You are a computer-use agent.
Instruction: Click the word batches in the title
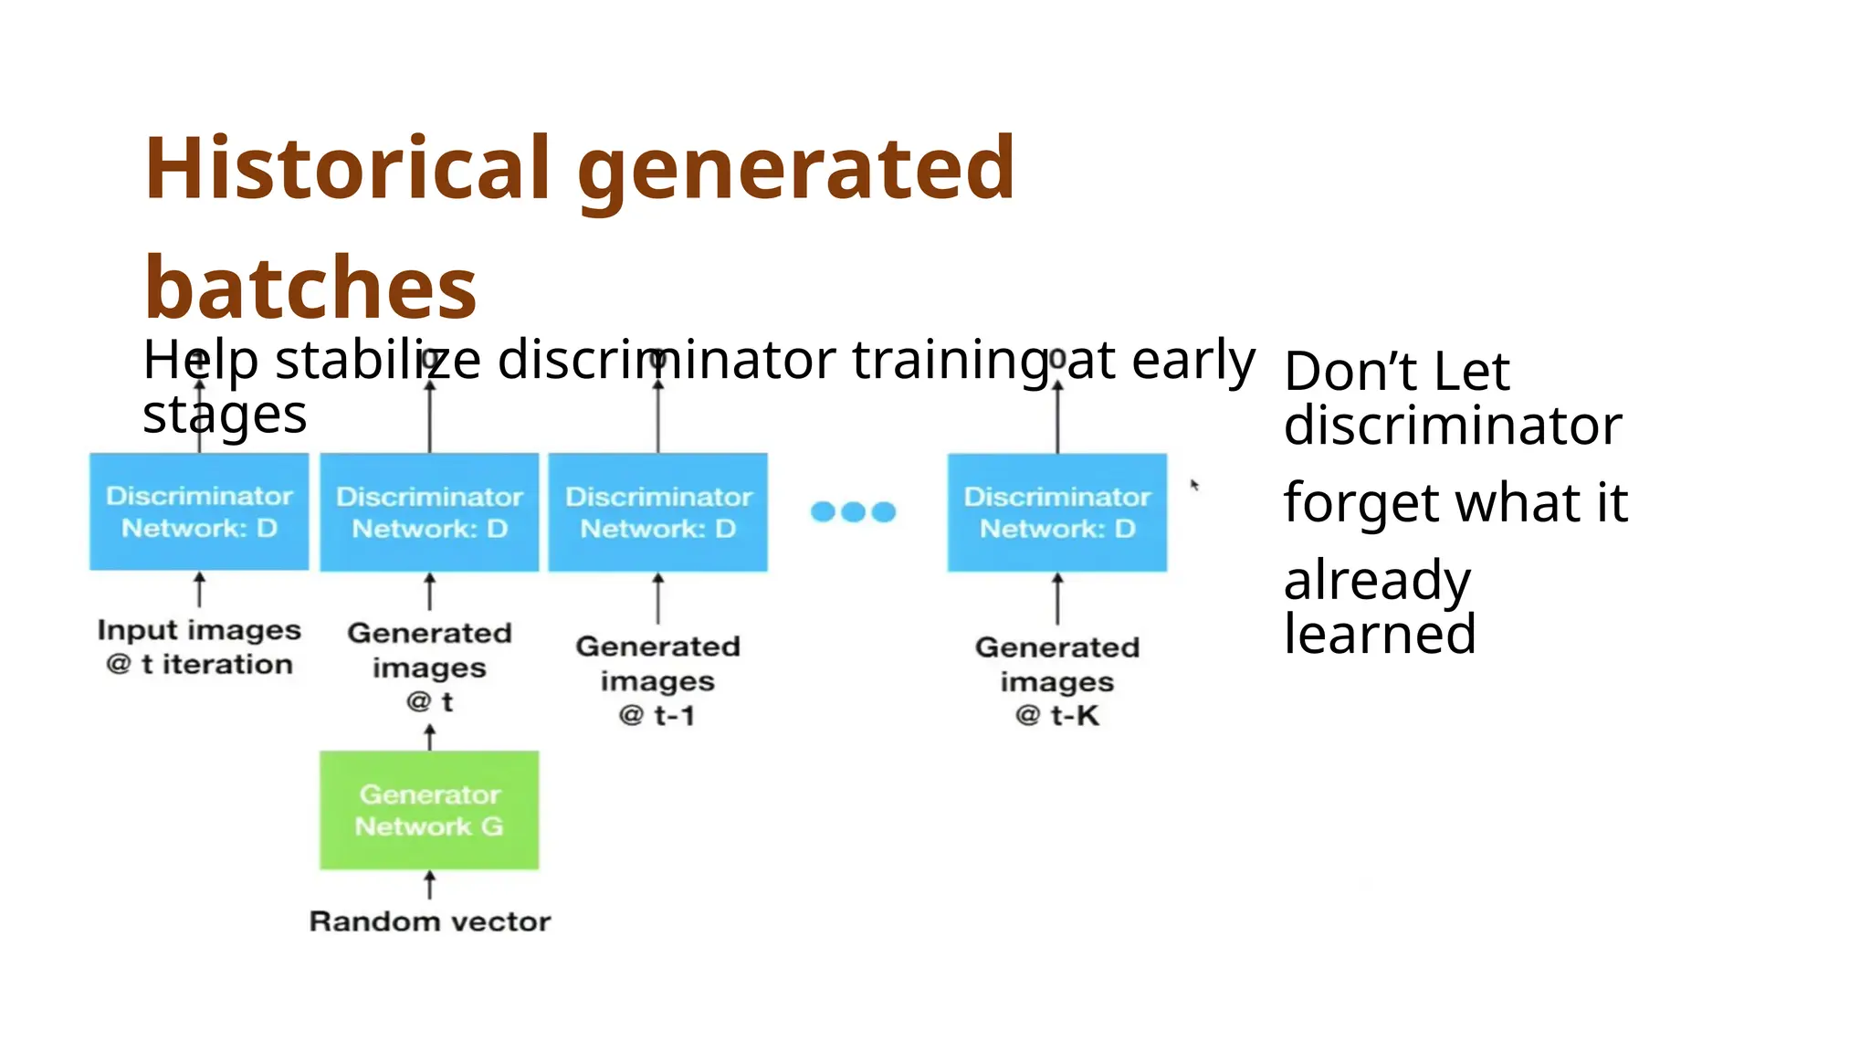(x=310, y=288)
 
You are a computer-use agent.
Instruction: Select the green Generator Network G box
(x=429, y=810)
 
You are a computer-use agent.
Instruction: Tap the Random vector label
(x=429, y=921)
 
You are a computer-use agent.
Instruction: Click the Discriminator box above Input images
(x=199, y=511)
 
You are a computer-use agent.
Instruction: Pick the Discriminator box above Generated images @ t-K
(x=1056, y=512)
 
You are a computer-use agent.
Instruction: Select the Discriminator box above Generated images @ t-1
(x=657, y=512)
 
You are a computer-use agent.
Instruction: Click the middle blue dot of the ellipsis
(x=853, y=511)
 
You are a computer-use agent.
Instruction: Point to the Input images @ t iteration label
(x=199, y=647)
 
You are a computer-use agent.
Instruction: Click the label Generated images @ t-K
(x=1056, y=681)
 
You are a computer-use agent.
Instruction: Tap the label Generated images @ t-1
(x=657, y=680)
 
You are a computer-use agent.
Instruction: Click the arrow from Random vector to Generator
(x=430, y=885)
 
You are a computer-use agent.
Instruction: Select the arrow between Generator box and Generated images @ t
(x=430, y=736)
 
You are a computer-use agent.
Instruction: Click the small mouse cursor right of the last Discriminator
(x=1193, y=485)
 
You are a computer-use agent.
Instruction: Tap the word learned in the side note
(x=1380, y=634)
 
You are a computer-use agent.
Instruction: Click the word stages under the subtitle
(x=225, y=416)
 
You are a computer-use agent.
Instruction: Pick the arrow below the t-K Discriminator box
(x=1057, y=599)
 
